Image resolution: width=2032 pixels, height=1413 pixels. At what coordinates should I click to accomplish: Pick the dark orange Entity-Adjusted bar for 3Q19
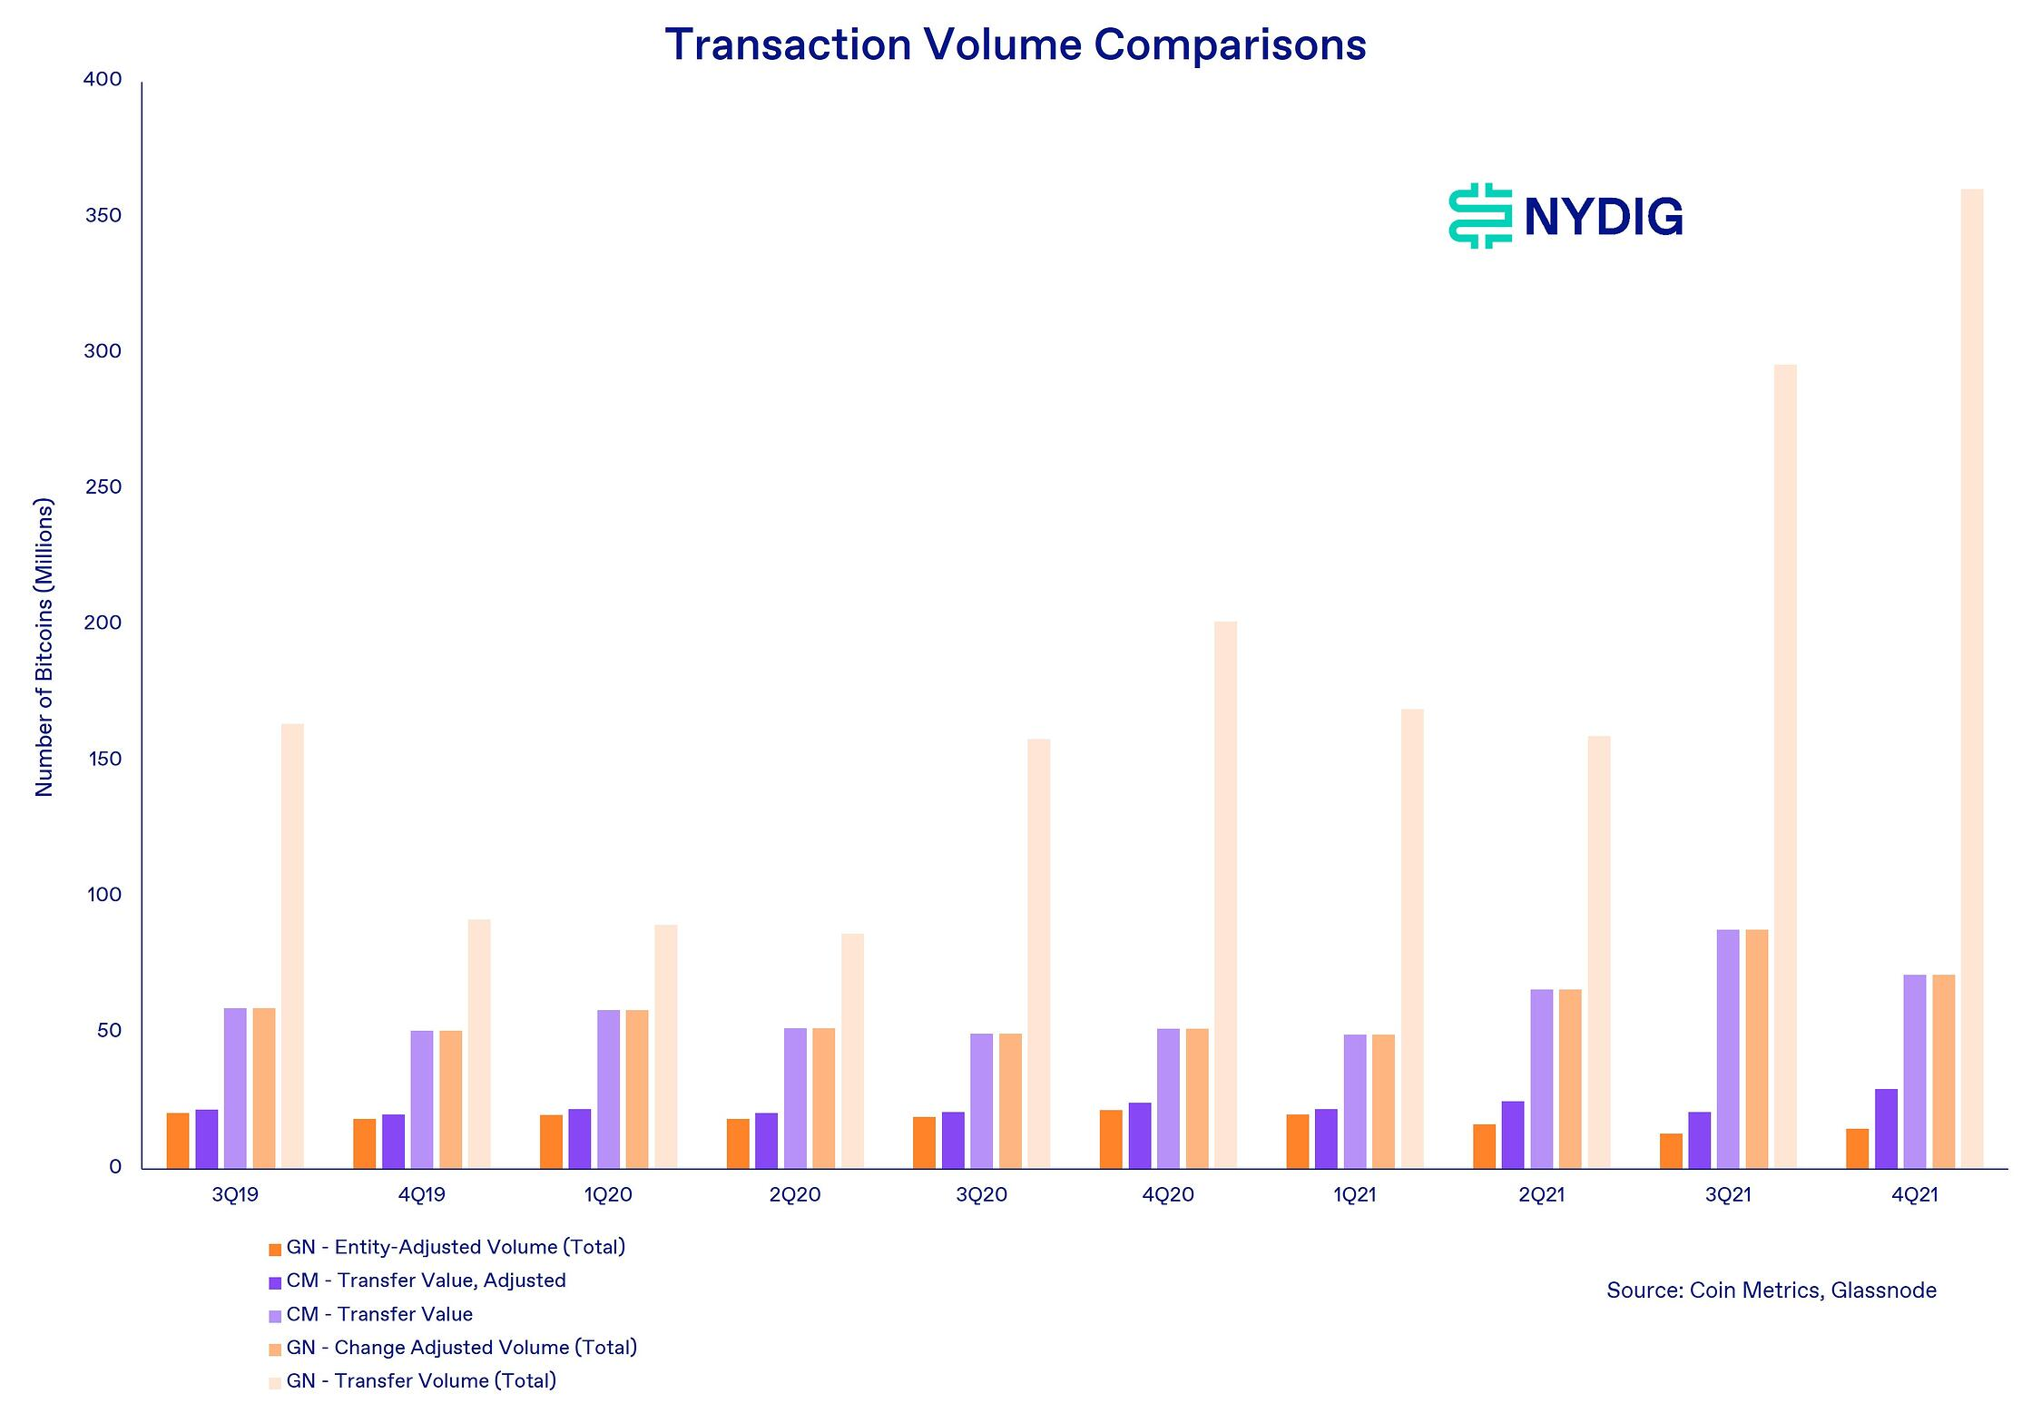(178, 1140)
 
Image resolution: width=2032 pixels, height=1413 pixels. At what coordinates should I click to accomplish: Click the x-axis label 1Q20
(608, 1195)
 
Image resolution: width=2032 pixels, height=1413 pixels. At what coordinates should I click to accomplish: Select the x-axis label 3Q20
(981, 1195)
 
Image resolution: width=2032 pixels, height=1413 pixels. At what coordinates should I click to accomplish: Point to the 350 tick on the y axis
(103, 216)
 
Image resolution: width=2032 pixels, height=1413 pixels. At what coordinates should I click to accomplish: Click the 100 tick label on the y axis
(103, 895)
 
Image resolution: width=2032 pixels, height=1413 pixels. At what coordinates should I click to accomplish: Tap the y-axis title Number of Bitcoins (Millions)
(44, 647)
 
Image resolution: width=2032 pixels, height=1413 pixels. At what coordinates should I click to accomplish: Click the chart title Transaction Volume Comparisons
(1015, 44)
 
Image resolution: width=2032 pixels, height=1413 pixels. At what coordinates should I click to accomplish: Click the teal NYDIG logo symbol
(1479, 216)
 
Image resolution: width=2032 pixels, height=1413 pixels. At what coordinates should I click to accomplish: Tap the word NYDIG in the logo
(1604, 217)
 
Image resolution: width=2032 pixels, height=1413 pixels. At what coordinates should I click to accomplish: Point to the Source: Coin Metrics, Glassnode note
(1771, 1290)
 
